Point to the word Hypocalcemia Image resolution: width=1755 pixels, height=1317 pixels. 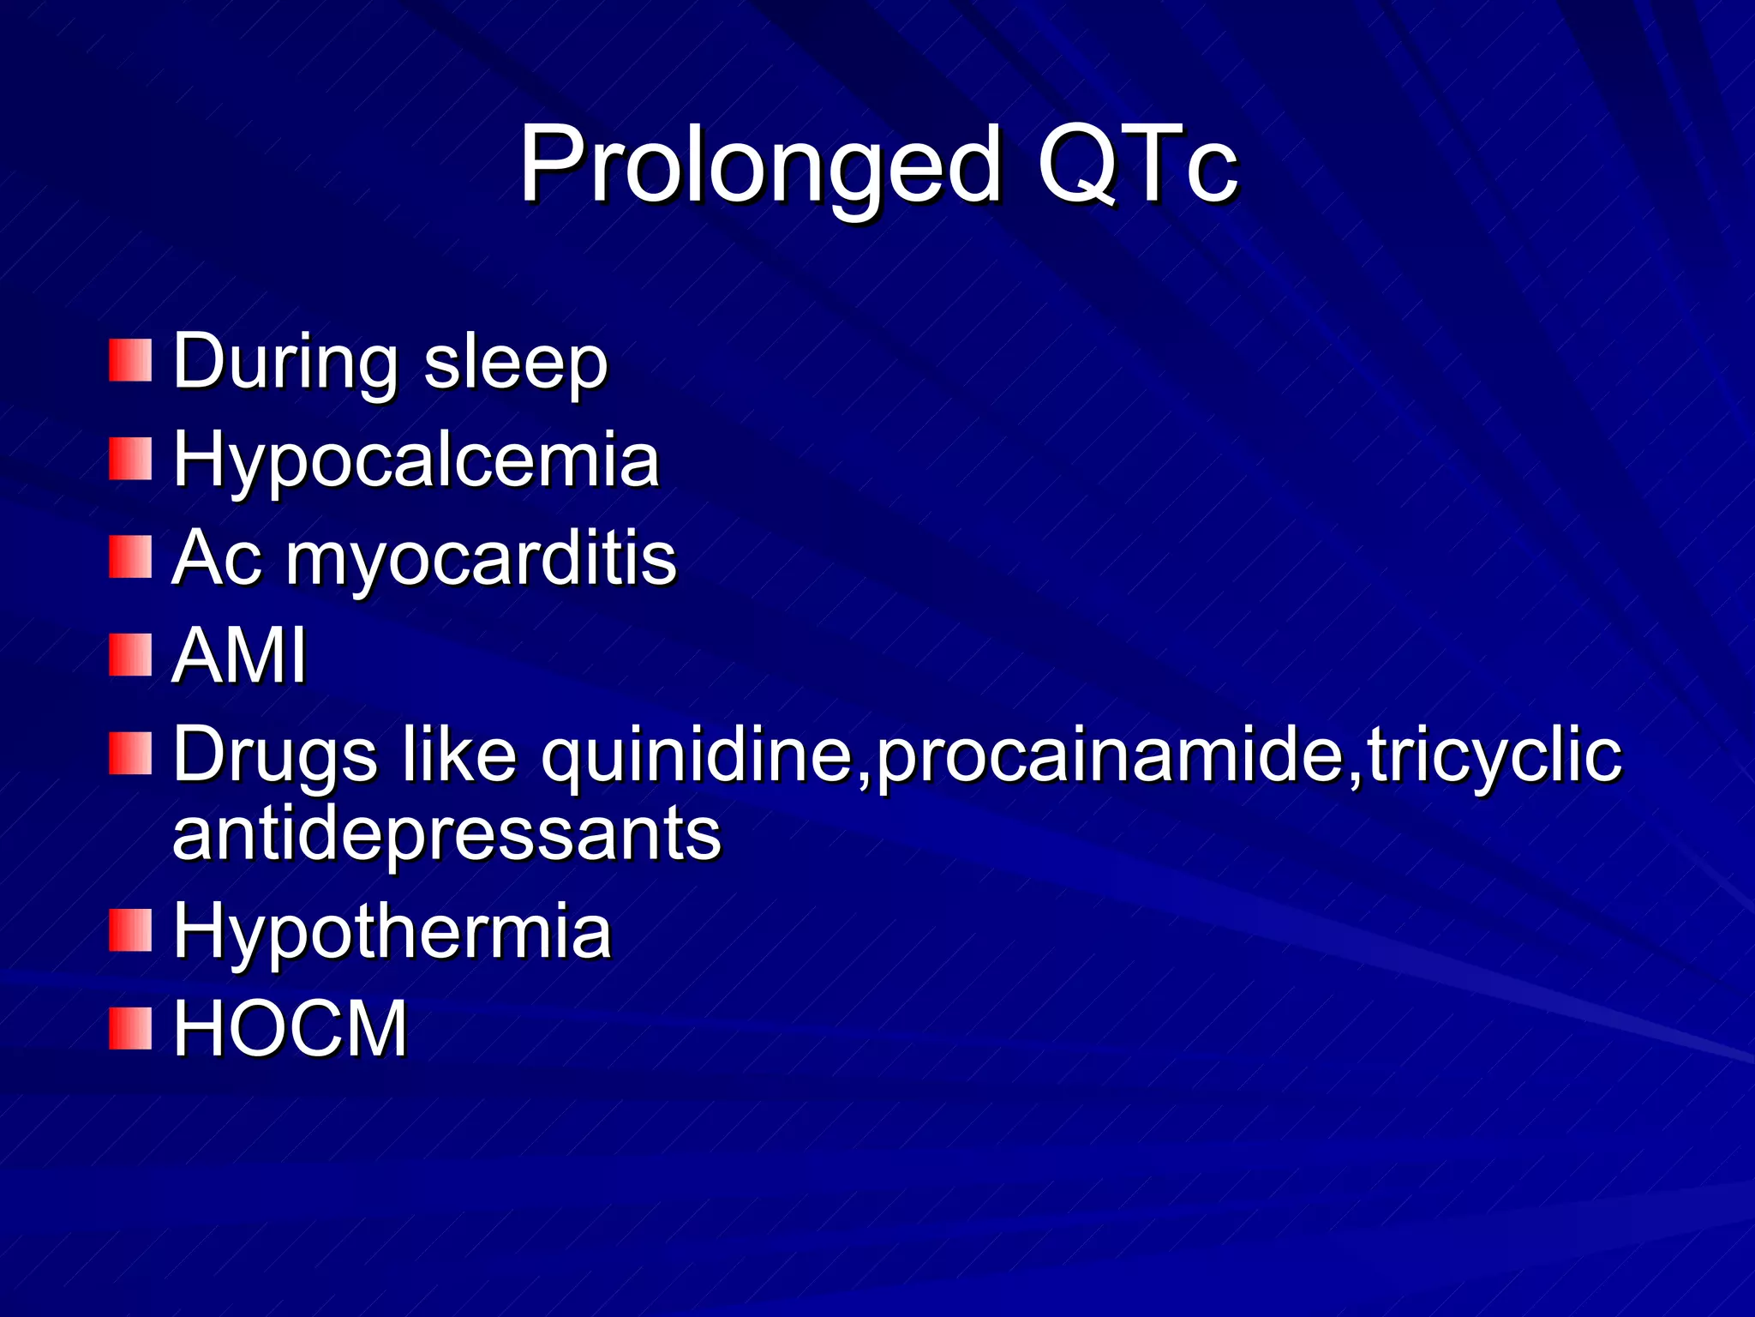pos(416,460)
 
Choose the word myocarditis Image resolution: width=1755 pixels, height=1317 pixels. pos(481,560)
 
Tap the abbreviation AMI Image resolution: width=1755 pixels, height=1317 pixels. pos(239,656)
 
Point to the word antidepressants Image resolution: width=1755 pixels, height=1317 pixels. pos(446,833)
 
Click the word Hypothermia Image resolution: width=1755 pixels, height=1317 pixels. pos(392,932)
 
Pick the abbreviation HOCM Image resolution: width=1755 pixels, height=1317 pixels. pos(291,1028)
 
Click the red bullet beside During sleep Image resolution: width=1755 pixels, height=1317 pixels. pos(130,360)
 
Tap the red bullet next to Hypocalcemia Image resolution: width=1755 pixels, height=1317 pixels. pos(130,459)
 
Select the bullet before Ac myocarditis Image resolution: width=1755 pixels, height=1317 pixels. pos(130,557)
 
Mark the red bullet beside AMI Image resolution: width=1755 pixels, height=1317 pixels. pos(130,655)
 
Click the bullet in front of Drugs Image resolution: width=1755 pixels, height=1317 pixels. pos(130,754)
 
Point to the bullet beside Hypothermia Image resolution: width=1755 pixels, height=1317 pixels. pos(130,931)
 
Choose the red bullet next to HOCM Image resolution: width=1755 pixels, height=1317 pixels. pos(130,1028)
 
